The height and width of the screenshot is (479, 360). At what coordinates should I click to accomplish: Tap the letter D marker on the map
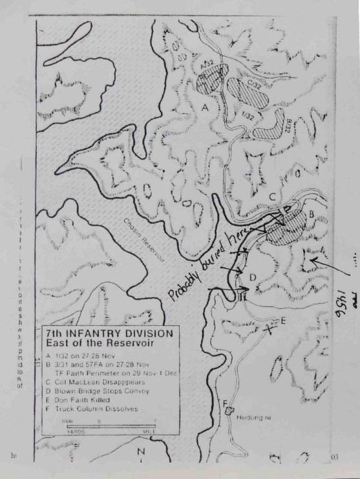click(x=253, y=278)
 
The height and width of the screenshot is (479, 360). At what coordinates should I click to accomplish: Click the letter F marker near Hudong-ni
click(x=226, y=405)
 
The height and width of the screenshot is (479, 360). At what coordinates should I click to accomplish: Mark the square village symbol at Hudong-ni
click(x=229, y=414)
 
